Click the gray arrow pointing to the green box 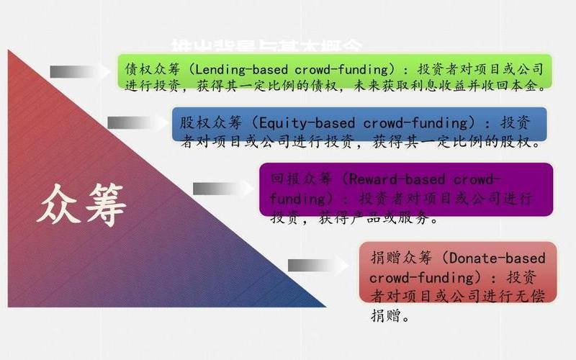tap(75, 71)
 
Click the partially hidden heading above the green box tap(266, 45)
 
